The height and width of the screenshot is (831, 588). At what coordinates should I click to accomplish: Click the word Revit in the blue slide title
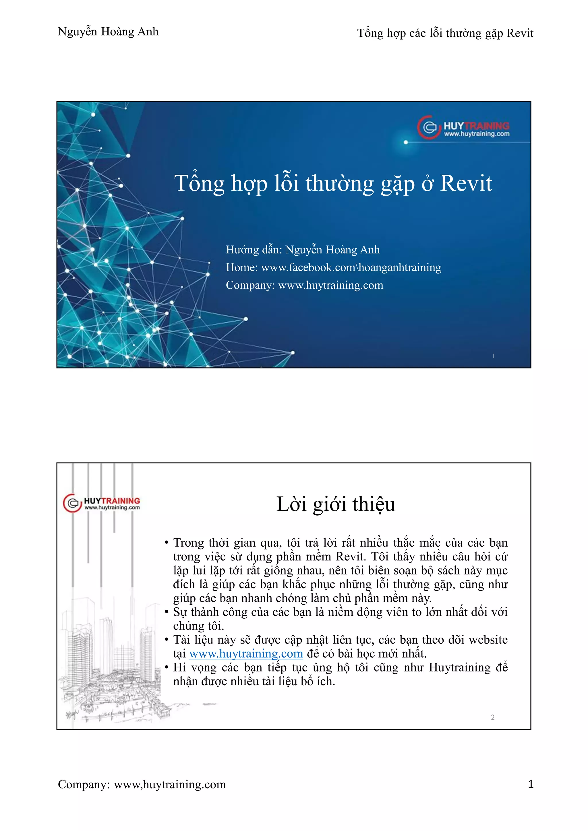(466, 183)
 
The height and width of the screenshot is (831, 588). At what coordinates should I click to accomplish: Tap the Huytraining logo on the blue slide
(463, 127)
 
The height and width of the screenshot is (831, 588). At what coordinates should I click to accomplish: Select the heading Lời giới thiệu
(336, 504)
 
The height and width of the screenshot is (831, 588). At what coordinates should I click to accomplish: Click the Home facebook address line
(333, 267)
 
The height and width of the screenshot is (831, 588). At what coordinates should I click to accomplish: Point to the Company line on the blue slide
(304, 285)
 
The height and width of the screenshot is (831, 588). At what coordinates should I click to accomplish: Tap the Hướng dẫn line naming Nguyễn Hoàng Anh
(303, 250)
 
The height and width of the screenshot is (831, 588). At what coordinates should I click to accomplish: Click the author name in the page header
(108, 32)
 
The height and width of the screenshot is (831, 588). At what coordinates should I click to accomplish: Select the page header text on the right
(445, 33)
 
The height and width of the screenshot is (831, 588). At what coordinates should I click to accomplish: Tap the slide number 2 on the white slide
(492, 717)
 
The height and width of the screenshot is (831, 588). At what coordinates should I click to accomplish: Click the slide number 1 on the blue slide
(493, 356)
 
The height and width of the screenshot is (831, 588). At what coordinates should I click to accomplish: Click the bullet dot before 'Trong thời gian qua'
(167, 543)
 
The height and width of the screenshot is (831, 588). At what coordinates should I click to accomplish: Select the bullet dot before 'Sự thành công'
(167, 612)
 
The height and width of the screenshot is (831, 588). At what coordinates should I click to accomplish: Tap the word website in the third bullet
(488, 640)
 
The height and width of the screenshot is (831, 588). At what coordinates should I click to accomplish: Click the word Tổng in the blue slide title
(200, 183)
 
